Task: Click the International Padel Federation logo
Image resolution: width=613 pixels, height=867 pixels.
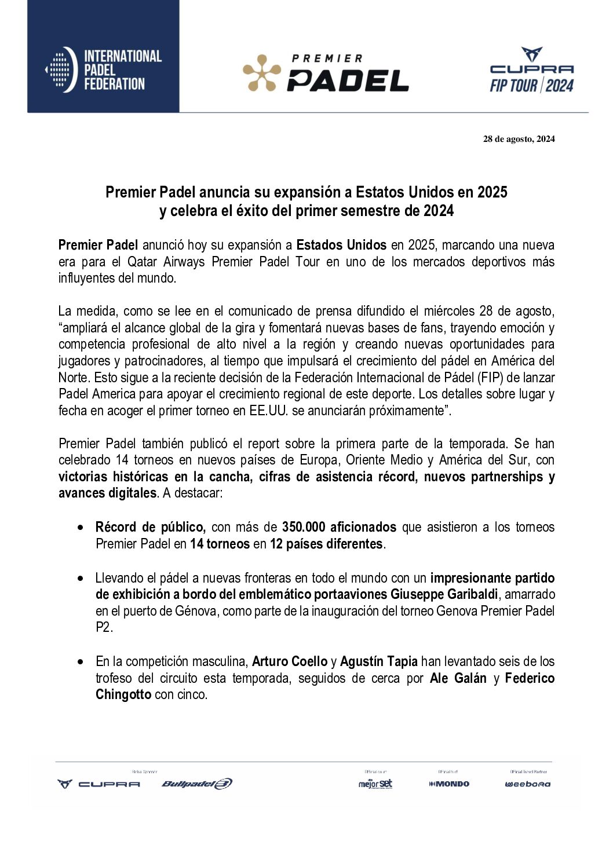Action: coord(103,69)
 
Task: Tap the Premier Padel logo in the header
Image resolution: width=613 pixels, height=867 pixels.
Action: coord(326,74)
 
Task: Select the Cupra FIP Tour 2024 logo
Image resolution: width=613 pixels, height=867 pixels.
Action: coord(531,71)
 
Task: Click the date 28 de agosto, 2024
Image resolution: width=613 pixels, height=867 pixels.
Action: coord(519,139)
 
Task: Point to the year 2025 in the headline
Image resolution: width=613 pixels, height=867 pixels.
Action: coord(492,192)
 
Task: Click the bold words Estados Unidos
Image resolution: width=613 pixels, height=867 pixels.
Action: coord(341,245)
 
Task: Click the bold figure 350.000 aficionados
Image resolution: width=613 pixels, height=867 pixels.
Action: coord(339,527)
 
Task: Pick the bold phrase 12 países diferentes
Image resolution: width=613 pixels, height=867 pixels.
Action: coord(326,544)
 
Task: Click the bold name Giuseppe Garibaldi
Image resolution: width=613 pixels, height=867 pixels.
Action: coord(444,594)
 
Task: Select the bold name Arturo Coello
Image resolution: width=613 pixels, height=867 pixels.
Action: coord(289,661)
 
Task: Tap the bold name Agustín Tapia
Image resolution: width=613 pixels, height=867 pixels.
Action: coord(378,661)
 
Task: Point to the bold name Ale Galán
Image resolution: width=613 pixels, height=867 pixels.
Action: coord(458,678)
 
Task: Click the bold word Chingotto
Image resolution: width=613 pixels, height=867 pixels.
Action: coord(123,694)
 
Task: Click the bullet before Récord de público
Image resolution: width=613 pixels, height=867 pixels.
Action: coord(82,528)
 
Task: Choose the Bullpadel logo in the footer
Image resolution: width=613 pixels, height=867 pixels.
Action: coord(196,784)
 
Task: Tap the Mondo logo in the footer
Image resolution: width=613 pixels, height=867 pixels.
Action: coord(449,784)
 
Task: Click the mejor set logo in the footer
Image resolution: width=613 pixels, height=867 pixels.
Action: coord(375,784)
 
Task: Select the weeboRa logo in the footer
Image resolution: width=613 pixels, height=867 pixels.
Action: coord(527,784)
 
